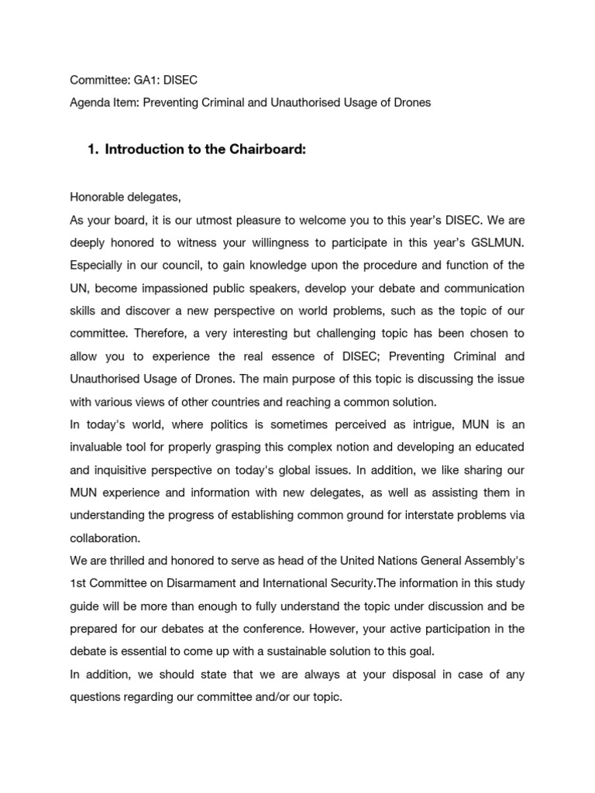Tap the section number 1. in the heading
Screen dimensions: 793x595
[x=95, y=149]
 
